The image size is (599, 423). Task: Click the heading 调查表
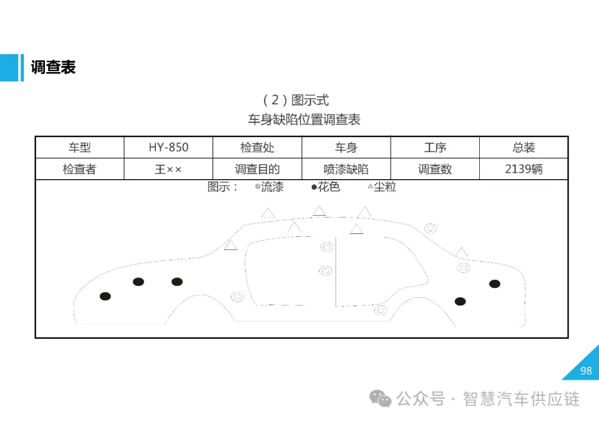click(53, 68)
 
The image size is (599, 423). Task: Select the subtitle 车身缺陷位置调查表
click(304, 119)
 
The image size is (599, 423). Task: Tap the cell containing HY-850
click(169, 147)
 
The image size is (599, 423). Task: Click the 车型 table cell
click(79, 147)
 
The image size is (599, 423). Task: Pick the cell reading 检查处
click(257, 147)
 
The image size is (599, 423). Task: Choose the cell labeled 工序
click(435, 147)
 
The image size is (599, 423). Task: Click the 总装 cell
click(524, 147)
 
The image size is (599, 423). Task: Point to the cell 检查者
click(79, 169)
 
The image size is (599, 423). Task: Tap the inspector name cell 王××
click(169, 169)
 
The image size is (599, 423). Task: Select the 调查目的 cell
click(257, 169)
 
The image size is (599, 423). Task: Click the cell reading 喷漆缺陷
click(346, 169)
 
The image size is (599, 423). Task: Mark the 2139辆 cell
click(524, 169)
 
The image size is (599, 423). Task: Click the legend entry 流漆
click(270, 187)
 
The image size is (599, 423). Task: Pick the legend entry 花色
click(326, 187)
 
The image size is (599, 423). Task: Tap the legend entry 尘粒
click(383, 187)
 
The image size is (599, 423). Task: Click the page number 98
click(586, 371)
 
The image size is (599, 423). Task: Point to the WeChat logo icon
click(381, 398)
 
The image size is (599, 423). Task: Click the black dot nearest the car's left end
click(105, 297)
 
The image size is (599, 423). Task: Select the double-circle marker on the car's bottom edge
click(380, 310)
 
